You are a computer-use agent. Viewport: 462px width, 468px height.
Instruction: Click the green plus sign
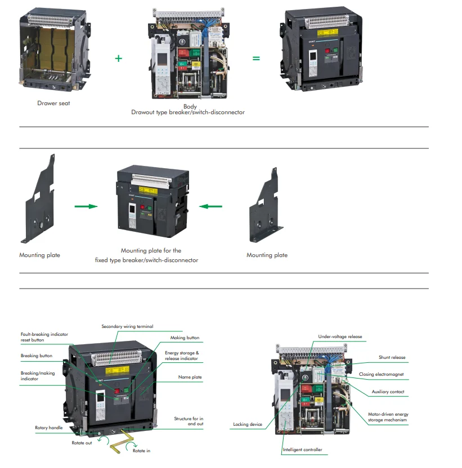[x=118, y=58]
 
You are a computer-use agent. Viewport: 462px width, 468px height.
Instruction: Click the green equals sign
[x=256, y=58]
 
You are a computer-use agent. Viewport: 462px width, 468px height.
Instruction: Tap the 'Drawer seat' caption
[x=54, y=103]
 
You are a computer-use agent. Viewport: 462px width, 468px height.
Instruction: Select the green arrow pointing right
[x=86, y=206]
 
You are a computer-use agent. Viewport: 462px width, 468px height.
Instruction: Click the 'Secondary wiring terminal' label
[x=127, y=326]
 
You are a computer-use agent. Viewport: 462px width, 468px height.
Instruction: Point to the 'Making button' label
[x=185, y=338]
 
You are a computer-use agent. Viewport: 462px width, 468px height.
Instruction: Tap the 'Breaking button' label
[x=37, y=355]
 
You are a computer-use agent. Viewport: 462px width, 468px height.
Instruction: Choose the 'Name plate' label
[x=190, y=377]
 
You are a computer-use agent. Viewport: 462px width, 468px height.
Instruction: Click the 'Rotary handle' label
[x=49, y=428]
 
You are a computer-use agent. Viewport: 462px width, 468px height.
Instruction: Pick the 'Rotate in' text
[x=141, y=451]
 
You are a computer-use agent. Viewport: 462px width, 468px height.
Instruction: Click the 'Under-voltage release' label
[x=340, y=337]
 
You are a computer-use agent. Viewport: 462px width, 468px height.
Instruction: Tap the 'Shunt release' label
[x=392, y=357]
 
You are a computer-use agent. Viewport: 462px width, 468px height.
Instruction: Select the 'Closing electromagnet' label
[x=381, y=374]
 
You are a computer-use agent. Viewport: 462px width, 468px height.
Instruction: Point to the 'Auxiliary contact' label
[x=388, y=391]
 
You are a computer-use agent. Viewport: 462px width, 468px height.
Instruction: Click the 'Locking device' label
[x=248, y=424]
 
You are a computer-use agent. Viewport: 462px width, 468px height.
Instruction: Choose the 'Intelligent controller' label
[x=303, y=449]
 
